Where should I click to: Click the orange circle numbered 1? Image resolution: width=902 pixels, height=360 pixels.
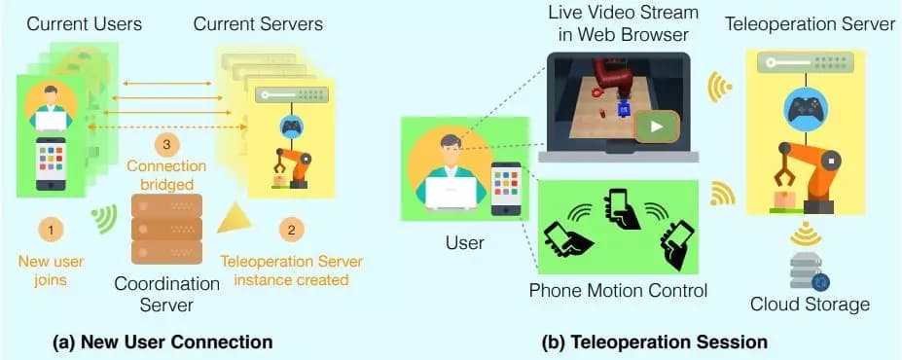point(52,231)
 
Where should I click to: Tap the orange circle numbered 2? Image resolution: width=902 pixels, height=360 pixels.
point(292,231)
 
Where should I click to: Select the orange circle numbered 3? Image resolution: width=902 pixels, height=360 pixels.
point(166,145)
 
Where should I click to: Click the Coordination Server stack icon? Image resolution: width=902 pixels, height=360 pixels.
point(166,229)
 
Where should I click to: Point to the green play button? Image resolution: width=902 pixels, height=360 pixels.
point(657,127)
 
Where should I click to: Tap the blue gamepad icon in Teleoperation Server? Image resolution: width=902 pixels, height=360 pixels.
point(806,110)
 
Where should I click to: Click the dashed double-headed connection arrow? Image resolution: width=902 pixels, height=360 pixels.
point(166,126)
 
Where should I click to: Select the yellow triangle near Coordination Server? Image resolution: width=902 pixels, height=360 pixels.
point(235,219)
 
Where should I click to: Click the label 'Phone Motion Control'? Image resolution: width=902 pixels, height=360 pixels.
point(618,290)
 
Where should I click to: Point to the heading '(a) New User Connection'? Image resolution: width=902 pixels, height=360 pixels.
point(162,342)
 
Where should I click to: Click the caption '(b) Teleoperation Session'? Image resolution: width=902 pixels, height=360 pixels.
point(655,342)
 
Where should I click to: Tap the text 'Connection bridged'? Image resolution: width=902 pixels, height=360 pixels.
point(166,176)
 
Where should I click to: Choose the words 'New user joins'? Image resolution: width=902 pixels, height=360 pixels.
point(52,270)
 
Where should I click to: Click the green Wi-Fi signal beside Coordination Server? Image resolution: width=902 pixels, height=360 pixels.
point(105,220)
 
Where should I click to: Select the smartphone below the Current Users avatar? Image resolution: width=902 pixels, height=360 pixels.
point(51,163)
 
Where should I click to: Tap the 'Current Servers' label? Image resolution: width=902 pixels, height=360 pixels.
point(258,24)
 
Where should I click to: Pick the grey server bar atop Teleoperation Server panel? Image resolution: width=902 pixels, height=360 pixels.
point(806,62)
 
